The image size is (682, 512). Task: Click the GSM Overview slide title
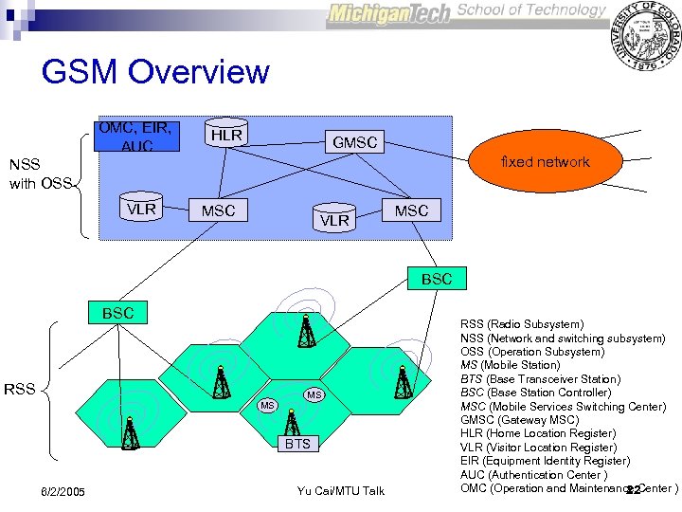(155, 72)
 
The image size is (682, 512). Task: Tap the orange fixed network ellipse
(546, 162)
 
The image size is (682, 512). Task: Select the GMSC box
(354, 142)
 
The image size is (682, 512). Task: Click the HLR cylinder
(225, 136)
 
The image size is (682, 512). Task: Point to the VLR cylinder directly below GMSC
(333, 219)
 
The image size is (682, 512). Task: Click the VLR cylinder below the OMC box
(141, 209)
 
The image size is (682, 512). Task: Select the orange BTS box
(297, 444)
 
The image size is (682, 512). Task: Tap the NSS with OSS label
(39, 174)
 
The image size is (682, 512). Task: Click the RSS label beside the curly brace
(21, 388)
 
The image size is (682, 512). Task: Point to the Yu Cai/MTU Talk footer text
(340, 491)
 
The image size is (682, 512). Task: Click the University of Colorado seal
(646, 35)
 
